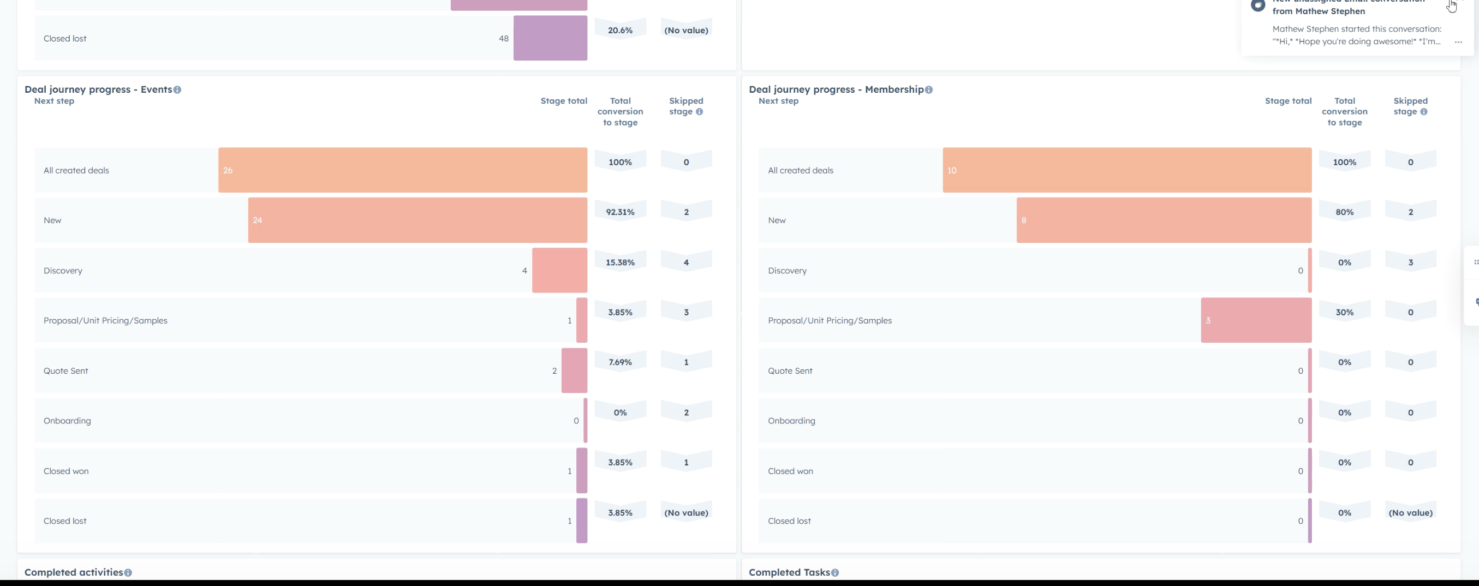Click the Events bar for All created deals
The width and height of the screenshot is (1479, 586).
click(x=402, y=170)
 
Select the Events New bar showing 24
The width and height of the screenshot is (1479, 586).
click(x=418, y=220)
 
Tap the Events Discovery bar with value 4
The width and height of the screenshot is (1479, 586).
click(x=559, y=270)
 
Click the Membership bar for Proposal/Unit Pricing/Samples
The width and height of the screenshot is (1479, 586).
click(x=1256, y=320)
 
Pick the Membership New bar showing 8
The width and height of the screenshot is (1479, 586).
click(x=1164, y=220)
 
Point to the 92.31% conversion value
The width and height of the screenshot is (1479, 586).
click(x=620, y=212)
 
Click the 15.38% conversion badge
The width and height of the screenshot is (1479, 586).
click(x=620, y=262)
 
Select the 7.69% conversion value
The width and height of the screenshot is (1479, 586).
click(x=620, y=362)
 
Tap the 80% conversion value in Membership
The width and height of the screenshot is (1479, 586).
click(x=1345, y=212)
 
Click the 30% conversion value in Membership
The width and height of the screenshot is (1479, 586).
click(x=1345, y=312)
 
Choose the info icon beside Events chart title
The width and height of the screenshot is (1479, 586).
click(x=177, y=89)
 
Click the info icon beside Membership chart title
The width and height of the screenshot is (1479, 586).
click(x=929, y=89)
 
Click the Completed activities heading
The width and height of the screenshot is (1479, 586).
click(x=74, y=572)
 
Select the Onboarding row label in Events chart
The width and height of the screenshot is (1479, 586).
click(x=67, y=421)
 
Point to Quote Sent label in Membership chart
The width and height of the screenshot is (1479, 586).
click(x=790, y=371)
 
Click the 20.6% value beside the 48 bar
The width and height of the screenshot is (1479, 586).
click(x=620, y=31)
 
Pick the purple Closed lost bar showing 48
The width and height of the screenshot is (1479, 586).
click(x=550, y=38)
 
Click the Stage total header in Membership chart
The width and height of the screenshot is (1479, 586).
click(x=1288, y=101)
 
